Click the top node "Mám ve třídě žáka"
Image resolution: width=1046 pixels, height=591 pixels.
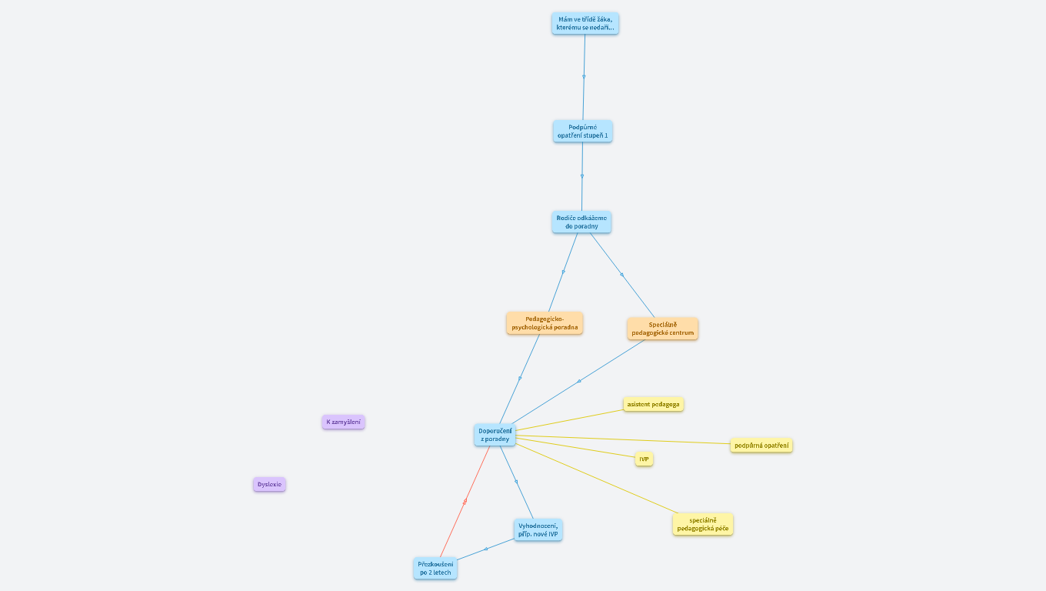(585, 23)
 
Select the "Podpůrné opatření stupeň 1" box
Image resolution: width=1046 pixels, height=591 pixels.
(582, 131)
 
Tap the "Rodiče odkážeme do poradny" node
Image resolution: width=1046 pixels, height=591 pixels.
(581, 222)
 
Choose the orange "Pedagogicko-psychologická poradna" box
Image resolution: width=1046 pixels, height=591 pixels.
(545, 322)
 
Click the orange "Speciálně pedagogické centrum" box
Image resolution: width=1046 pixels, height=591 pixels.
(662, 329)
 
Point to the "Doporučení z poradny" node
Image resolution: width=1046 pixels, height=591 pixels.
(495, 435)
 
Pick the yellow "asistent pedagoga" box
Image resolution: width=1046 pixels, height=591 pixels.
(653, 404)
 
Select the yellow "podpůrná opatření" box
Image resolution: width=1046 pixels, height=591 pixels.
(761, 445)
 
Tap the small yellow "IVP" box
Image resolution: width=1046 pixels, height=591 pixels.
(644, 459)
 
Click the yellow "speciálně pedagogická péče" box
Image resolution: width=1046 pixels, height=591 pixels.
(702, 524)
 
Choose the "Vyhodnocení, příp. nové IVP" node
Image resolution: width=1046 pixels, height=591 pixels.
(538, 529)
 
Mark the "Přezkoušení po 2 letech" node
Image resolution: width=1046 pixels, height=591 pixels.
(435, 568)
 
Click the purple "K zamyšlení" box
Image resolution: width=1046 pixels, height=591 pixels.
(343, 422)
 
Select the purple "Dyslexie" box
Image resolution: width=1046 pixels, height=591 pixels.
(269, 484)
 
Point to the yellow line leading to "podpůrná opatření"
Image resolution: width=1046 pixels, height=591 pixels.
(623, 439)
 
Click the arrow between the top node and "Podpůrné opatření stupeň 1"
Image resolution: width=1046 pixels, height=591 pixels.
(584, 77)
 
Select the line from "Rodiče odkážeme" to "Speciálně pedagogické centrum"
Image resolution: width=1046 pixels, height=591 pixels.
(621, 274)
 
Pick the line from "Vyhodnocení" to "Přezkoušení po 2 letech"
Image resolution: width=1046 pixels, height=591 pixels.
(486, 549)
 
